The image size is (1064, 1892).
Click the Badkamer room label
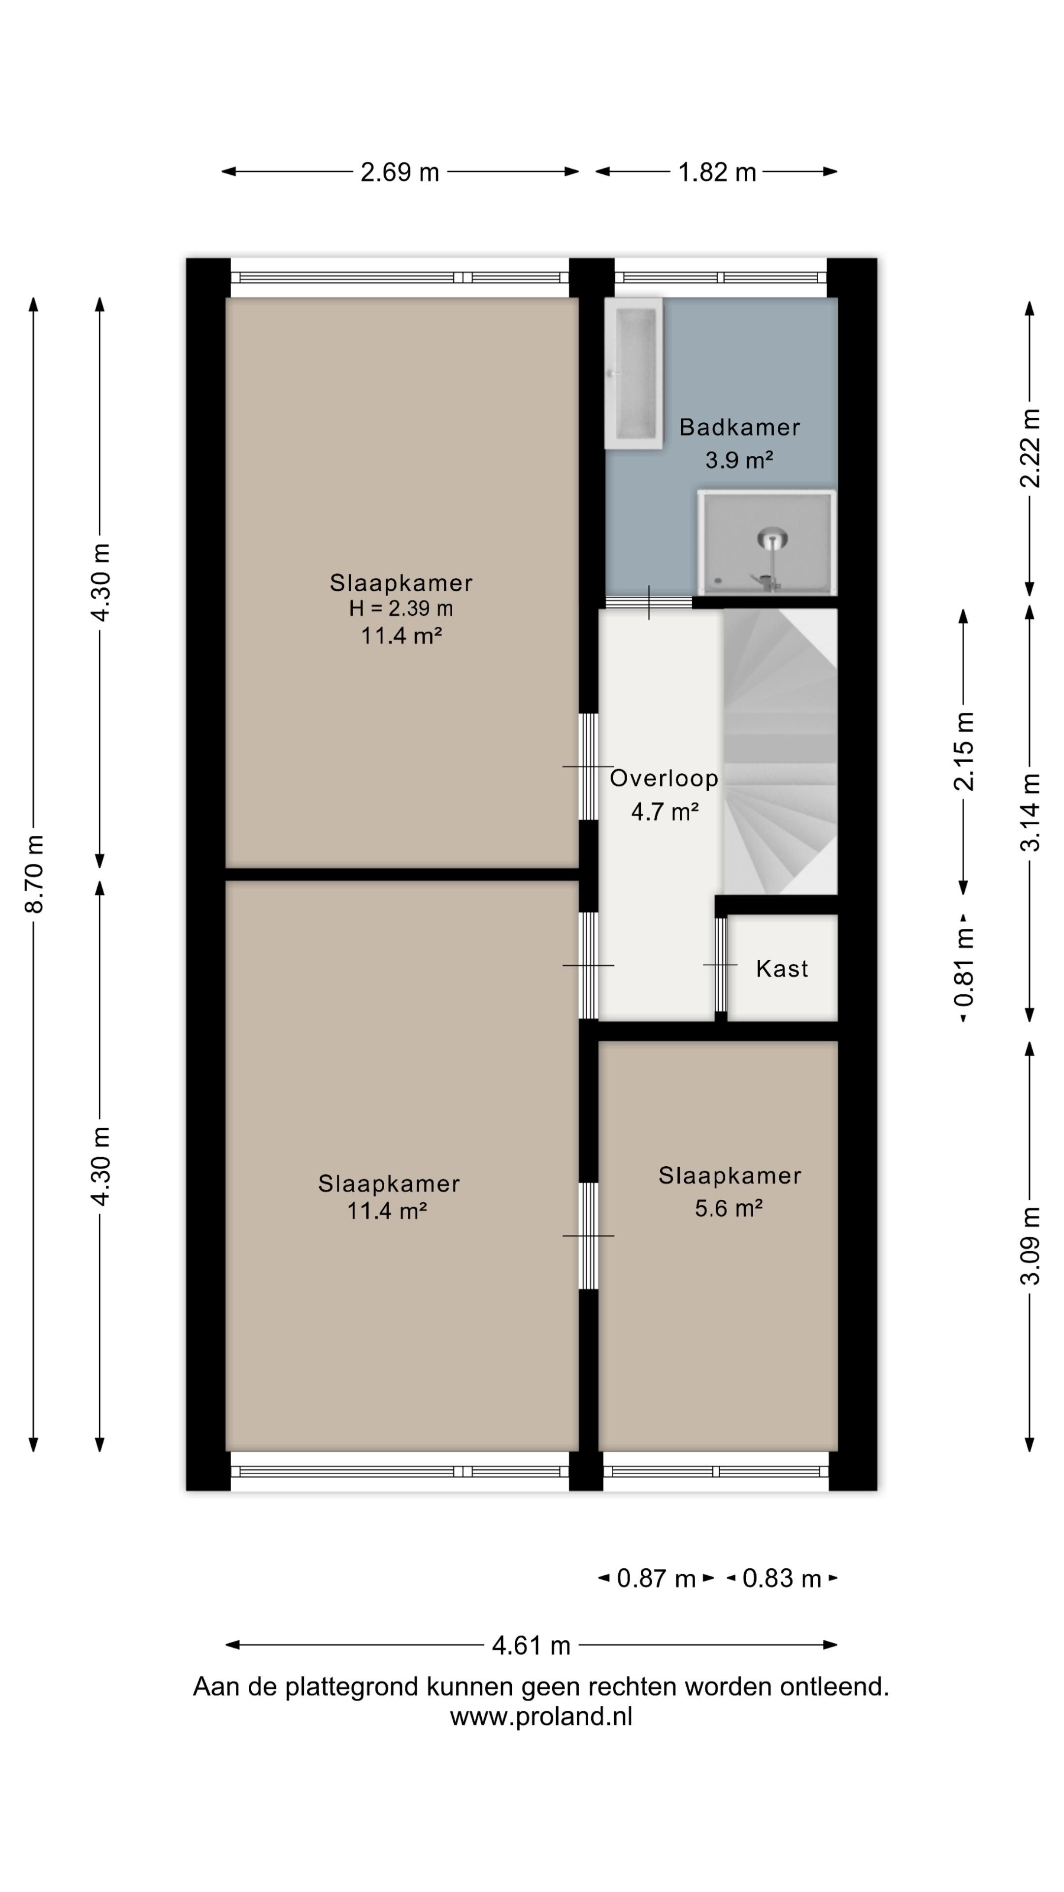(739, 427)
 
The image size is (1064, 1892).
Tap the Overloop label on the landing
(664, 778)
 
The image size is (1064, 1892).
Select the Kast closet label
(782, 969)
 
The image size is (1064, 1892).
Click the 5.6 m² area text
(729, 1208)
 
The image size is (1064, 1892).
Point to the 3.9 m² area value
(739, 460)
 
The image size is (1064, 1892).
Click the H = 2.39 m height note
(401, 608)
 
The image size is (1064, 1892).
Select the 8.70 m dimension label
(34, 874)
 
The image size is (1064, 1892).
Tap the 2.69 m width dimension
(399, 172)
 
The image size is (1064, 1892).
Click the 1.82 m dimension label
(717, 172)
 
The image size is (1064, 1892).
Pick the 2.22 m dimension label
(1030, 448)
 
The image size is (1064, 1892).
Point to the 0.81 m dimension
(964, 967)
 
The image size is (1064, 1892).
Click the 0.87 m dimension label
(656, 1578)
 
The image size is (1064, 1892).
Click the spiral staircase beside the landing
(780, 751)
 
